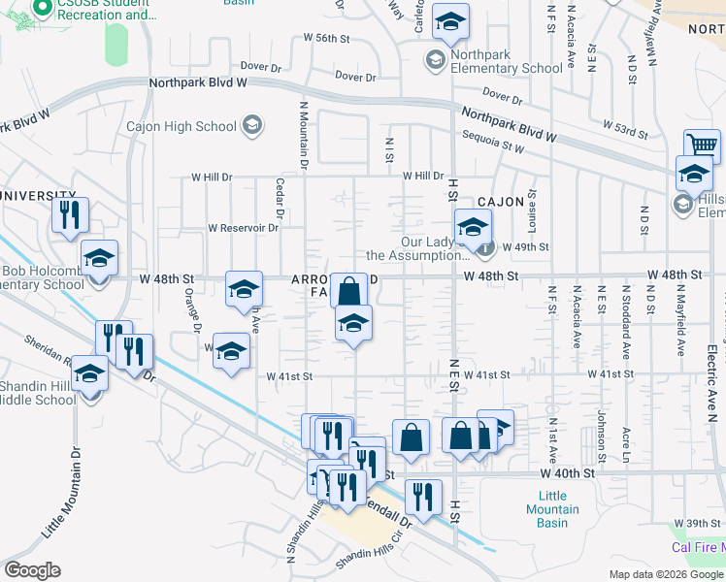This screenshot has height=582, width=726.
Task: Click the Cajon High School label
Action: (x=181, y=126)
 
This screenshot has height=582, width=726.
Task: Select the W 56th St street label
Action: (x=325, y=38)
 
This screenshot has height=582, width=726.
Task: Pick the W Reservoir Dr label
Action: (x=243, y=229)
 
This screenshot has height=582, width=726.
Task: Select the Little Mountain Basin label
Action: (x=552, y=509)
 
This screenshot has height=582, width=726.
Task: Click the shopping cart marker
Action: (x=702, y=145)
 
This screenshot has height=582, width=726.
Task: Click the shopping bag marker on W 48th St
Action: (x=348, y=289)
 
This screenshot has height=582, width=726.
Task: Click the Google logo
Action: (x=33, y=569)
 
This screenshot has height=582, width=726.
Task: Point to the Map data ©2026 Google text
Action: (x=665, y=574)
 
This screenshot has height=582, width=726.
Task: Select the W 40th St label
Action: (x=567, y=473)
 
